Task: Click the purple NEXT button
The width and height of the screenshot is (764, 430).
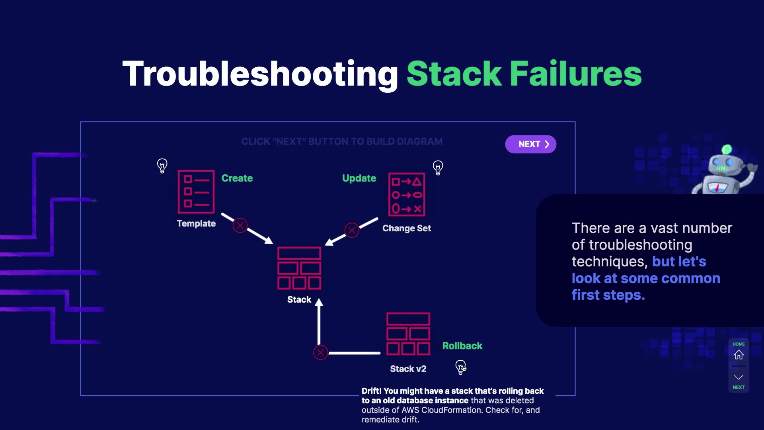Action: pyautogui.click(x=530, y=144)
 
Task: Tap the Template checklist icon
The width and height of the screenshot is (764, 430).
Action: pyautogui.click(x=196, y=192)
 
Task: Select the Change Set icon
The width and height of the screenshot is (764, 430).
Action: pyautogui.click(x=407, y=194)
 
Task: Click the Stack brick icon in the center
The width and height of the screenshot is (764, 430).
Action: pyautogui.click(x=299, y=268)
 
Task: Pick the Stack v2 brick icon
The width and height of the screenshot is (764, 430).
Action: pyautogui.click(x=408, y=334)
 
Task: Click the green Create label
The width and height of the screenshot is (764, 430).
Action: pyautogui.click(x=237, y=178)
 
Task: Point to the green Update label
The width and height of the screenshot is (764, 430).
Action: pyautogui.click(x=359, y=178)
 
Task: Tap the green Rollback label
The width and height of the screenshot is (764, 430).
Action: pyautogui.click(x=462, y=346)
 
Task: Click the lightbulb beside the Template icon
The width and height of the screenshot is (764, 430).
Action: pyautogui.click(x=162, y=166)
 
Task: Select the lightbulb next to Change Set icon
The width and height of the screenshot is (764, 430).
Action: pyautogui.click(x=438, y=168)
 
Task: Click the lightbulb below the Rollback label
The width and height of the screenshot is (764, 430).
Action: pyautogui.click(x=460, y=367)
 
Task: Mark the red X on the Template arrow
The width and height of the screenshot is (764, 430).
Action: pyautogui.click(x=240, y=226)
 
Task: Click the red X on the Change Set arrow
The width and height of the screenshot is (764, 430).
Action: pyautogui.click(x=352, y=230)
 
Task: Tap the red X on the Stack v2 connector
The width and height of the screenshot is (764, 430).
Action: pyautogui.click(x=320, y=352)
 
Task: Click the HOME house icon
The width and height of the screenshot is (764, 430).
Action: pyautogui.click(x=739, y=354)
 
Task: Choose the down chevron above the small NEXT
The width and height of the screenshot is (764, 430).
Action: pyautogui.click(x=739, y=377)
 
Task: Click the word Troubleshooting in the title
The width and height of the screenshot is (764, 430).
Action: pyautogui.click(x=260, y=74)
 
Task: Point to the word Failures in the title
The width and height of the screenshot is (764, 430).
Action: pyautogui.click(x=576, y=73)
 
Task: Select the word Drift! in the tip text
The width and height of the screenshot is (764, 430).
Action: pyautogui.click(x=372, y=391)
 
